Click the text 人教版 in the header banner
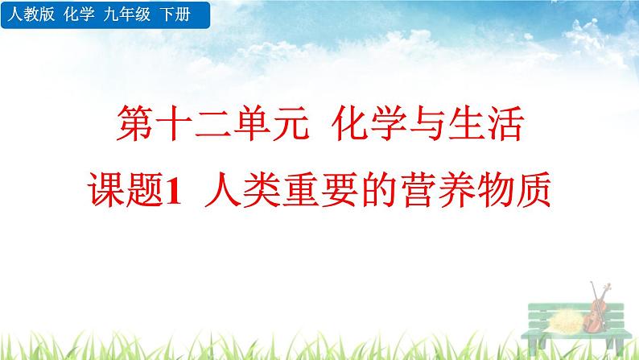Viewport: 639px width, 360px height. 24,14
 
